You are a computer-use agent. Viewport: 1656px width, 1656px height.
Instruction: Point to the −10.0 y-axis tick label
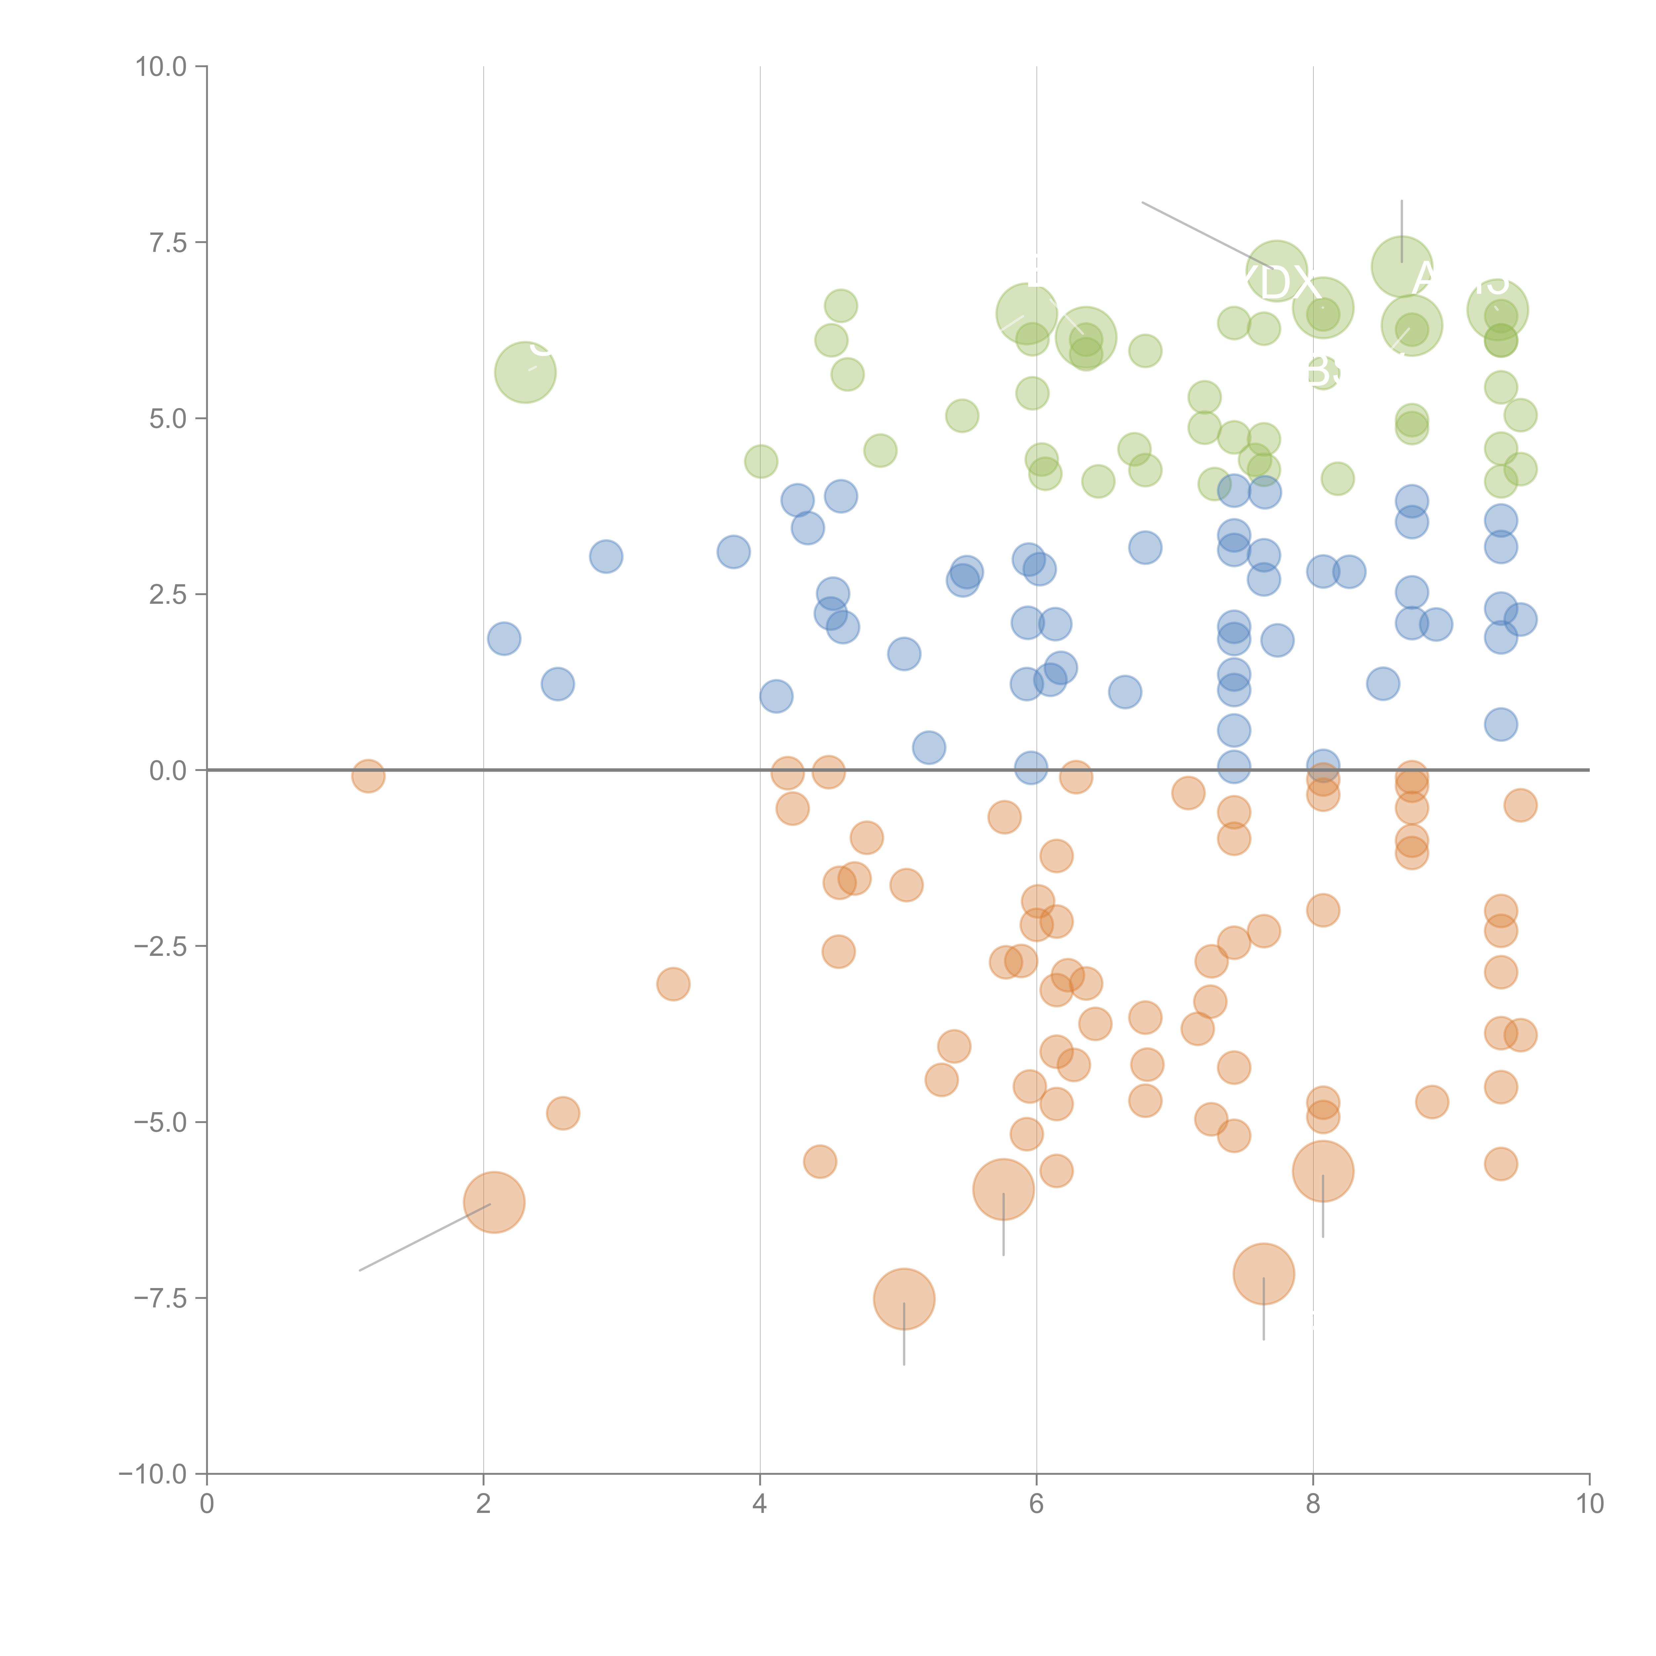(153, 1474)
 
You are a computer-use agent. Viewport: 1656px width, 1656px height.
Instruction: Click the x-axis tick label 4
(759, 1504)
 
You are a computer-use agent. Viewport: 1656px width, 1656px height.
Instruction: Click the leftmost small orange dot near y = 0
(368, 776)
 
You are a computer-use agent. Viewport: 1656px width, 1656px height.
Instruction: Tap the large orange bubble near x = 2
(494, 1202)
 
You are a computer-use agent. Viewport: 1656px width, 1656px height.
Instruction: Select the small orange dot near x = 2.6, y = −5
(562, 1113)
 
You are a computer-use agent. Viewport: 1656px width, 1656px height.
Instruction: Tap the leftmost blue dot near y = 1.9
(504, 639)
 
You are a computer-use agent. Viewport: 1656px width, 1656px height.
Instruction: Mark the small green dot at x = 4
(760, 462)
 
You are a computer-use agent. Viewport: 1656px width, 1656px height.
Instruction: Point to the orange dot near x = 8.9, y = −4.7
(1431, 1102)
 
